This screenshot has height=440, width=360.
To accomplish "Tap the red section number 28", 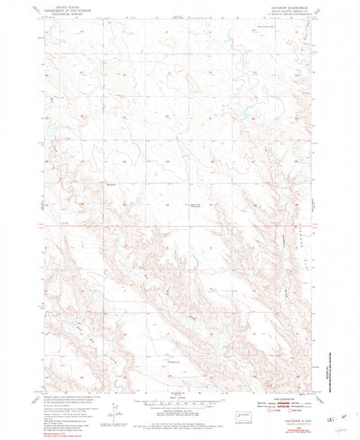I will coord(211,162).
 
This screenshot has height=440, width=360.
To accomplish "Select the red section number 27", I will coord(253,162).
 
